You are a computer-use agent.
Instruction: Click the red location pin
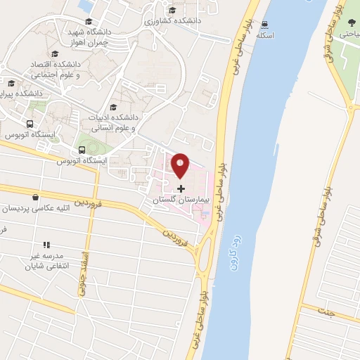click(181, 165)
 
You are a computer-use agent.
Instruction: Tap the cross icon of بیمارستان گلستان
click(181, 188)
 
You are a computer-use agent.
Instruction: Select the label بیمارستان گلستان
click(181, 200)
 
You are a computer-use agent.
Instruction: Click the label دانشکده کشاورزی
click(173, 21)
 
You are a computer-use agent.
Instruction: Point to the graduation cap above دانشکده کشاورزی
click(173, 10)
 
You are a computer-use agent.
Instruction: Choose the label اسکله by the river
click(266, 34)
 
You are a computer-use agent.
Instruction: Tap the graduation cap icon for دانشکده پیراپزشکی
click(11, 83)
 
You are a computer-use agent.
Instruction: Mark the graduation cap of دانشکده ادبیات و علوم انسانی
click(113, 107)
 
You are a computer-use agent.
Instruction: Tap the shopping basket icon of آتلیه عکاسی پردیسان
click(35, 198)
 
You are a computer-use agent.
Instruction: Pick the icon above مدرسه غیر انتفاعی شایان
click(46, 245)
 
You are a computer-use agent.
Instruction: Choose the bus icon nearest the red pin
click(82, 150)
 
